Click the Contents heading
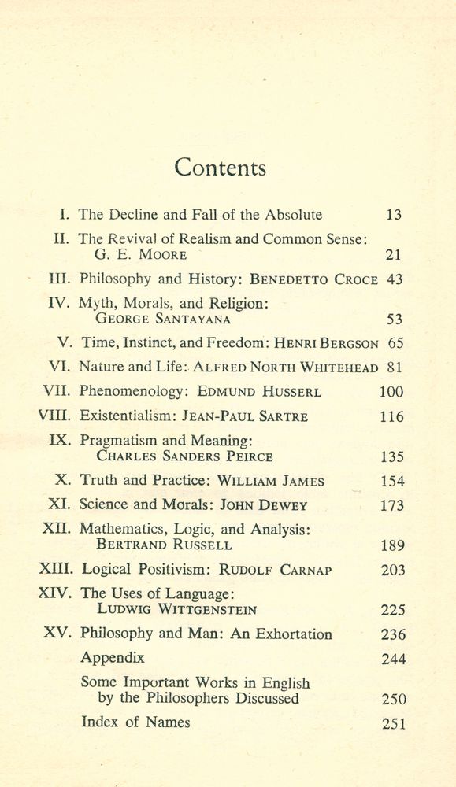click(x=220, y=168)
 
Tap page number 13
click(x=394, y=215)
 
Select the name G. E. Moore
click(x=140, y=254)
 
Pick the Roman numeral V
click(x=65, y=343)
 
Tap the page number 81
click(x=394, y=368)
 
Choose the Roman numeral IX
click(x=61, y=441)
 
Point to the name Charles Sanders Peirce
click(x=184, y=456)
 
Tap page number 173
click(x=391, y=506)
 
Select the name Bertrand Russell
click(x=164, y=545)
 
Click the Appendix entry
click(x=113, y=658)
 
